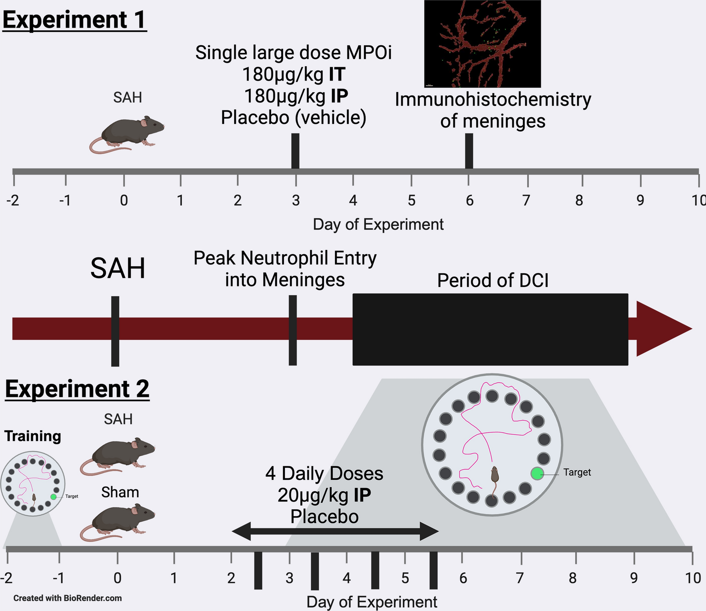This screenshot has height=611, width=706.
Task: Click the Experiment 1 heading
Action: click(74, 20)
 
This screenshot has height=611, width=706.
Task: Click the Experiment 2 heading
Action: click(77, 389)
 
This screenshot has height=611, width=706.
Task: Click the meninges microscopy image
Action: click(482, 44)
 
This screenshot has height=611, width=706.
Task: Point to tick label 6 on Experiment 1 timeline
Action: click(469, 200)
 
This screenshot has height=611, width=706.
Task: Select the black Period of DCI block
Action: click(490, 329)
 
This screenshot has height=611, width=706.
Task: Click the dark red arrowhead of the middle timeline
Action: click(663, 329)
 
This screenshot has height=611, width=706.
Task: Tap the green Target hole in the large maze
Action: click(537, 473)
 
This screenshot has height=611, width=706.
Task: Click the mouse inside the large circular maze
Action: click(494, 479)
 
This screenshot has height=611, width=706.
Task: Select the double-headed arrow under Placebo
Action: click(335, 531)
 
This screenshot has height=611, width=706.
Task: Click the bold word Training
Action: click(33, 436)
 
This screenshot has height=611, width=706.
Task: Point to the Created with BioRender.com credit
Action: click(68, 598)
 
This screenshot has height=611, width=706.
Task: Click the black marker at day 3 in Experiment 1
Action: click(295, 151)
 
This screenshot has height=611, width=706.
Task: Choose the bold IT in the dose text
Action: click(337, 74)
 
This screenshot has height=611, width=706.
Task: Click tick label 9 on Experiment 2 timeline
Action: click(634, 578)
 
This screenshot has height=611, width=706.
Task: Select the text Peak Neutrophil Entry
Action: click(285, 258)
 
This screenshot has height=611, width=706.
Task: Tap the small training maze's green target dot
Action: click(53, 497)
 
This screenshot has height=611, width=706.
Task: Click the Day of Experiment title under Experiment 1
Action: click(378, 224)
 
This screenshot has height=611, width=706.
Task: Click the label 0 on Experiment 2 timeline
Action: click(117, 578)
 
